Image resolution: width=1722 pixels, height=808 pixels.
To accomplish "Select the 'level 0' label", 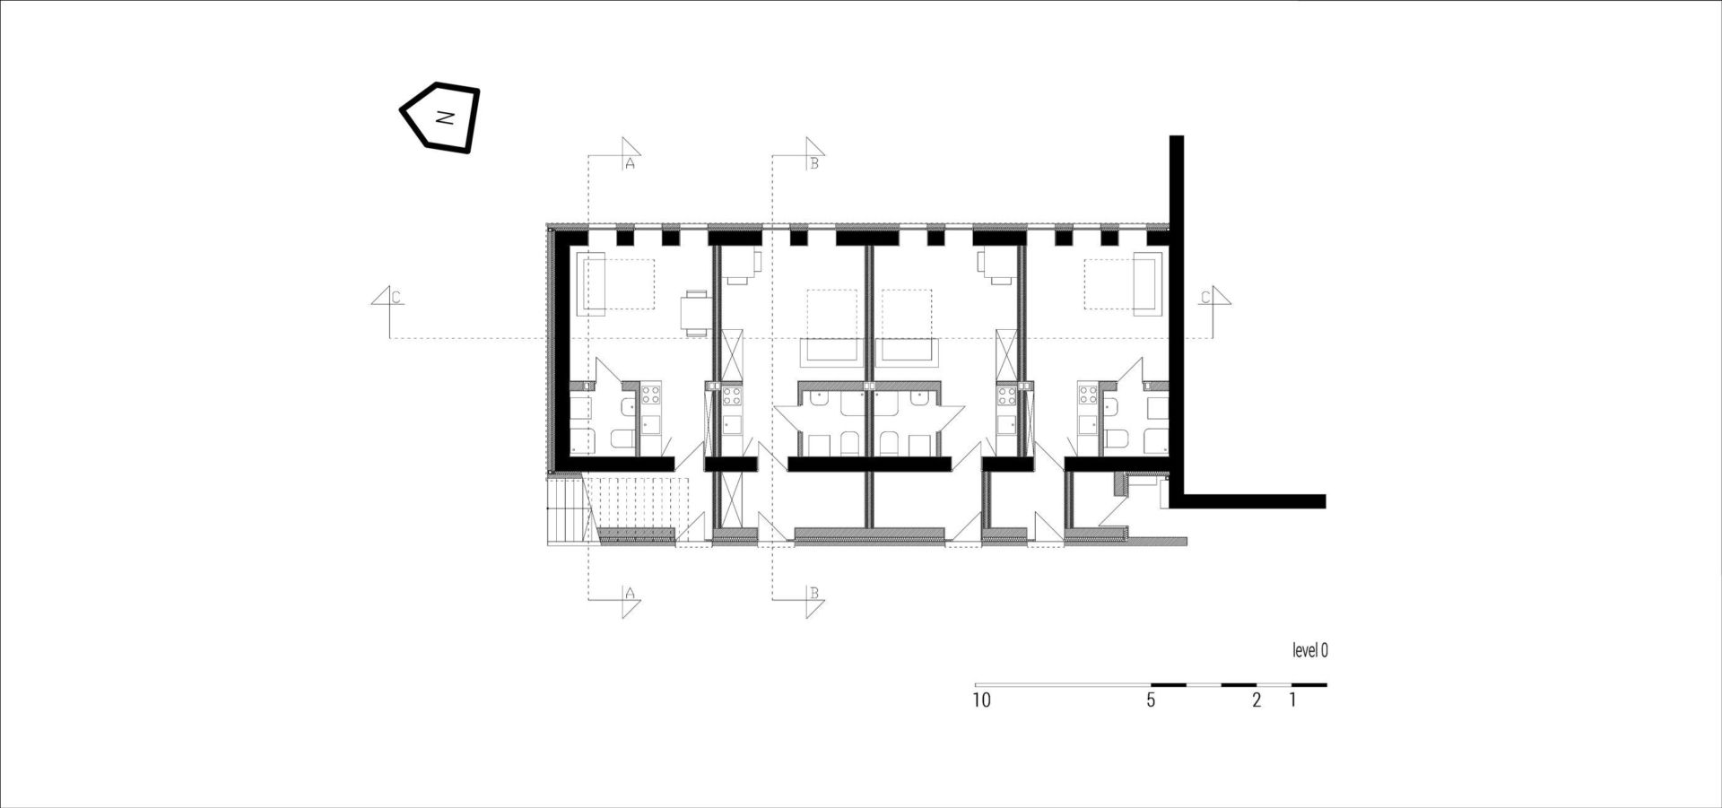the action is click(x=1309, y=651).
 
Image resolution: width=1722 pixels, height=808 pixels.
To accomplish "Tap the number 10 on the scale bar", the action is click(x=981, y=700).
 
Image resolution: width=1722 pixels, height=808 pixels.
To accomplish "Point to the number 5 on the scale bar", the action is click(x=1151, y=700).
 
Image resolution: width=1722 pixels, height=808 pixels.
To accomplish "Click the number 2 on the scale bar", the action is click(x=1257, y=700).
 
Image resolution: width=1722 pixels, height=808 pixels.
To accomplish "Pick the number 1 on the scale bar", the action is click(x=1292, y=700).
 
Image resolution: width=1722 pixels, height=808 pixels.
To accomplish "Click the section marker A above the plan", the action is click(x=629, y=164).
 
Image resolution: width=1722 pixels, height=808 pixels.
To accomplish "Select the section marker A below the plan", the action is click(x=629, y=594).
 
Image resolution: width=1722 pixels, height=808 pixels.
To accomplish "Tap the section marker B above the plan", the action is click(x=813, y=164).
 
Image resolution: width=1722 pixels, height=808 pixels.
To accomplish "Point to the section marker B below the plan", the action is click(x=813, y=594).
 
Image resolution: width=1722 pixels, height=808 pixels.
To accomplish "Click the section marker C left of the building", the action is click(x=396, y=297).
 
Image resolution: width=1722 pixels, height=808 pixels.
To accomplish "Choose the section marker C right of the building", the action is click(x=1206, y=297).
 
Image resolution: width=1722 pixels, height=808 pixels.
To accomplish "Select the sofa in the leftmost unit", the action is click(x=594, y=284).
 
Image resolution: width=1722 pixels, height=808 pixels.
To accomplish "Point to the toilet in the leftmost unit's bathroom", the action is click(x=622, y=439).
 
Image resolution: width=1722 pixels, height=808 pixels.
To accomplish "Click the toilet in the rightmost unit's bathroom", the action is click(x=1117, y=439).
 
